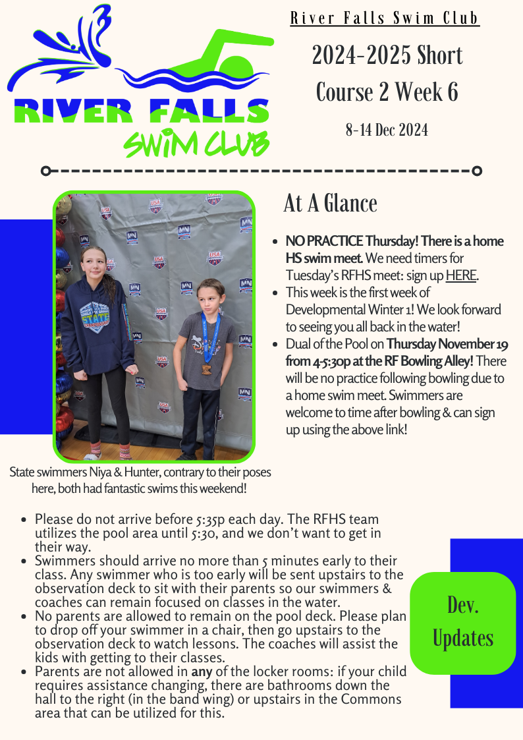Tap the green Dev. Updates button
(462, 622)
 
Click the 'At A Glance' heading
(330, 204)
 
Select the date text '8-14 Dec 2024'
(387, 130)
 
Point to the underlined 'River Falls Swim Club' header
(385, 18)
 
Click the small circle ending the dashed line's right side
(478, 171)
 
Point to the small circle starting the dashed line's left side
(45, 171)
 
